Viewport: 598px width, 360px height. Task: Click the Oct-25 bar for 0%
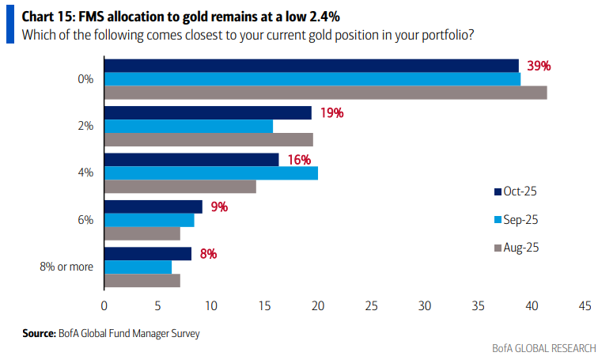click(312, 66)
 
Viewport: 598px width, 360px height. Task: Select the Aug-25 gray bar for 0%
click(326, 93)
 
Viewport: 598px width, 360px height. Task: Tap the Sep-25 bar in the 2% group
click(189, 127)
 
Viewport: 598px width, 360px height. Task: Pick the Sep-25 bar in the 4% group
click(211, 173)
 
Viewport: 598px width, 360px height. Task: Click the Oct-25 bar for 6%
click(153, 207)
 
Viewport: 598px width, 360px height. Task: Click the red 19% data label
click(331, 113)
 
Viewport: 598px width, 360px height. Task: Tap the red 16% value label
click(299, 160)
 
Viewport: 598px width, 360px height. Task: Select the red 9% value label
click(218, 207)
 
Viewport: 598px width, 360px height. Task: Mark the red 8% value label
click(208, 254)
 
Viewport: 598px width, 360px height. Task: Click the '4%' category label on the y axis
click(85, 172)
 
